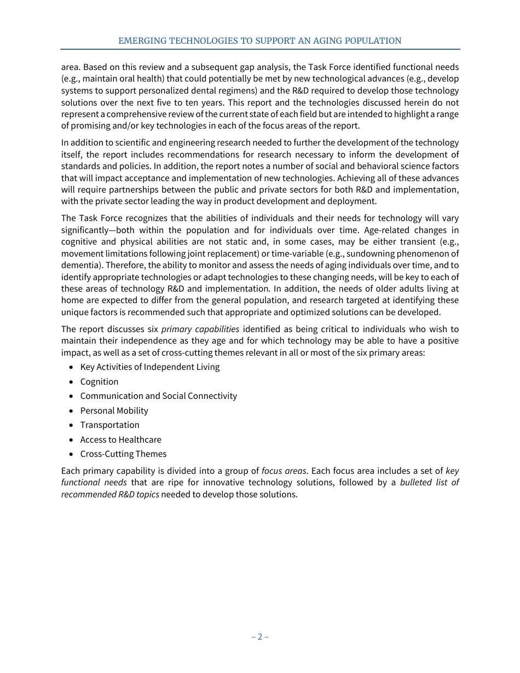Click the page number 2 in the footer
[260, 636]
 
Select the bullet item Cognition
[99, 381]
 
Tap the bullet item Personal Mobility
[114, 410]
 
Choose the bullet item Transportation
[109, 425]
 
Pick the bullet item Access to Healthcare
[120, 439]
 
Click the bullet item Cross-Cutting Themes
[123, 454]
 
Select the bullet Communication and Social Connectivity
[158, 396]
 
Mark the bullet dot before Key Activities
[71, 367]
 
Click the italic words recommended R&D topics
[110, 494]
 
